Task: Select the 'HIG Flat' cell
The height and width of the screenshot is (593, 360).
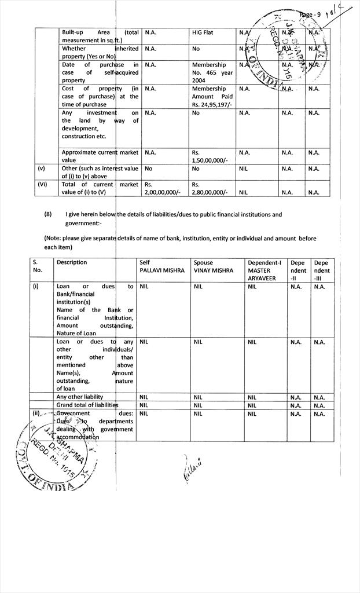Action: (203, 33)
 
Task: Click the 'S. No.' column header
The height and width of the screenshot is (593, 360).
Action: (38, 266)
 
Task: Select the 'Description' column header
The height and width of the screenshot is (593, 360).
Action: (72, 262)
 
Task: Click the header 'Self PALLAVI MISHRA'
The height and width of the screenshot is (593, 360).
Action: (161, 266)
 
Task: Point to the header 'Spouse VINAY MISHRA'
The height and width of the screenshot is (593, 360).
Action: (214, 266)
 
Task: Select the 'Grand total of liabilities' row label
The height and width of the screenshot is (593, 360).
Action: (87, 405)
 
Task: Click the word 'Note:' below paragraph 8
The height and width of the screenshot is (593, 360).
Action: (55, 239)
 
